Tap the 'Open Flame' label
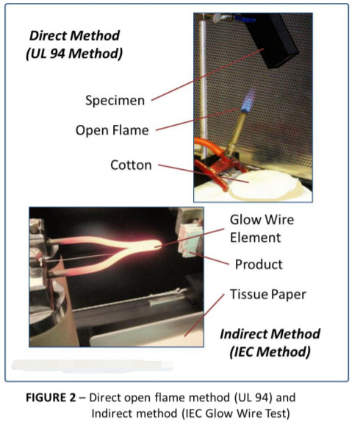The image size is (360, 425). point(112,130)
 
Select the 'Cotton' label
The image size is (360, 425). point(131,165)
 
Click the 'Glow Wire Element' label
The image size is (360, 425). point(255,228)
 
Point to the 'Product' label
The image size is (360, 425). point(258,264)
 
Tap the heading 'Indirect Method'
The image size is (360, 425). point(265,334)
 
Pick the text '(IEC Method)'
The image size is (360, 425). point(265,351)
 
